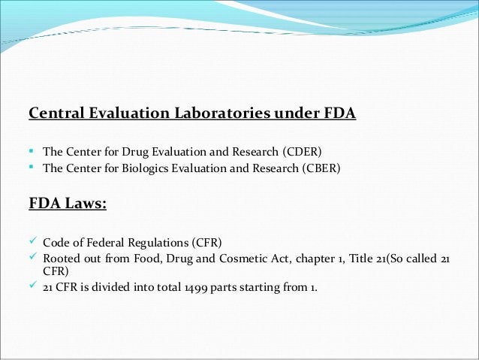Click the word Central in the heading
pyautogui.click(x=54, y=114)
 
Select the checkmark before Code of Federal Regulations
pyautogui.click(x=33, y=241)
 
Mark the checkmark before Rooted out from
pyautogui.click(x=33, y=258)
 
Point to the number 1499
pyautogui.click(x=191, y=286)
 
